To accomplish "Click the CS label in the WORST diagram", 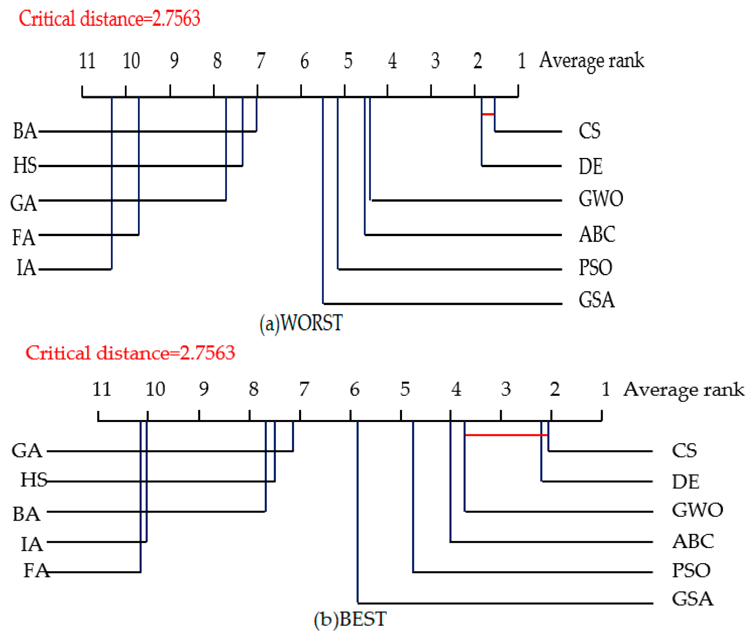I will (x=589, y=131).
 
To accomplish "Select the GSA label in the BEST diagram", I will (x=692, y=599).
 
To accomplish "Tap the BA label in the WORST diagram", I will (x=25, y=131).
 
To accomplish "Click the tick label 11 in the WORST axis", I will (x=87, y=61).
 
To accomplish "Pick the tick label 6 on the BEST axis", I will (x=354, y=389).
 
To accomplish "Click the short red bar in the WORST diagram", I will (x=488, y=114).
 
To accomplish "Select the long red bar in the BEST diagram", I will (x=506, y=434).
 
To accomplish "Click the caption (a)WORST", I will (x=301, y=323).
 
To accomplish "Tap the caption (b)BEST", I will (x=350, y=619).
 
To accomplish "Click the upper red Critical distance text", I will (x=109, y=18).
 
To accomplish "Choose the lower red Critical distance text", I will (x=130, y=353).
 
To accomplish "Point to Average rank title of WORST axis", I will (x=591, y=61).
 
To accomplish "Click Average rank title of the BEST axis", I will (x=684, y=390).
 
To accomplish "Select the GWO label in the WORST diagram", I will (x=601, y=199).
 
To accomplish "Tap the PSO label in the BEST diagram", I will (x=691, y=570).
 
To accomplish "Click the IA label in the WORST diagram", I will (x=26, y=268).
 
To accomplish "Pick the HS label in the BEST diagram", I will (x=34, y=480).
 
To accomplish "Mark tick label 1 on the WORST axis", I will (x=521, y=61).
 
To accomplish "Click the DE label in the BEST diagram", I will (x=685, y=481).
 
